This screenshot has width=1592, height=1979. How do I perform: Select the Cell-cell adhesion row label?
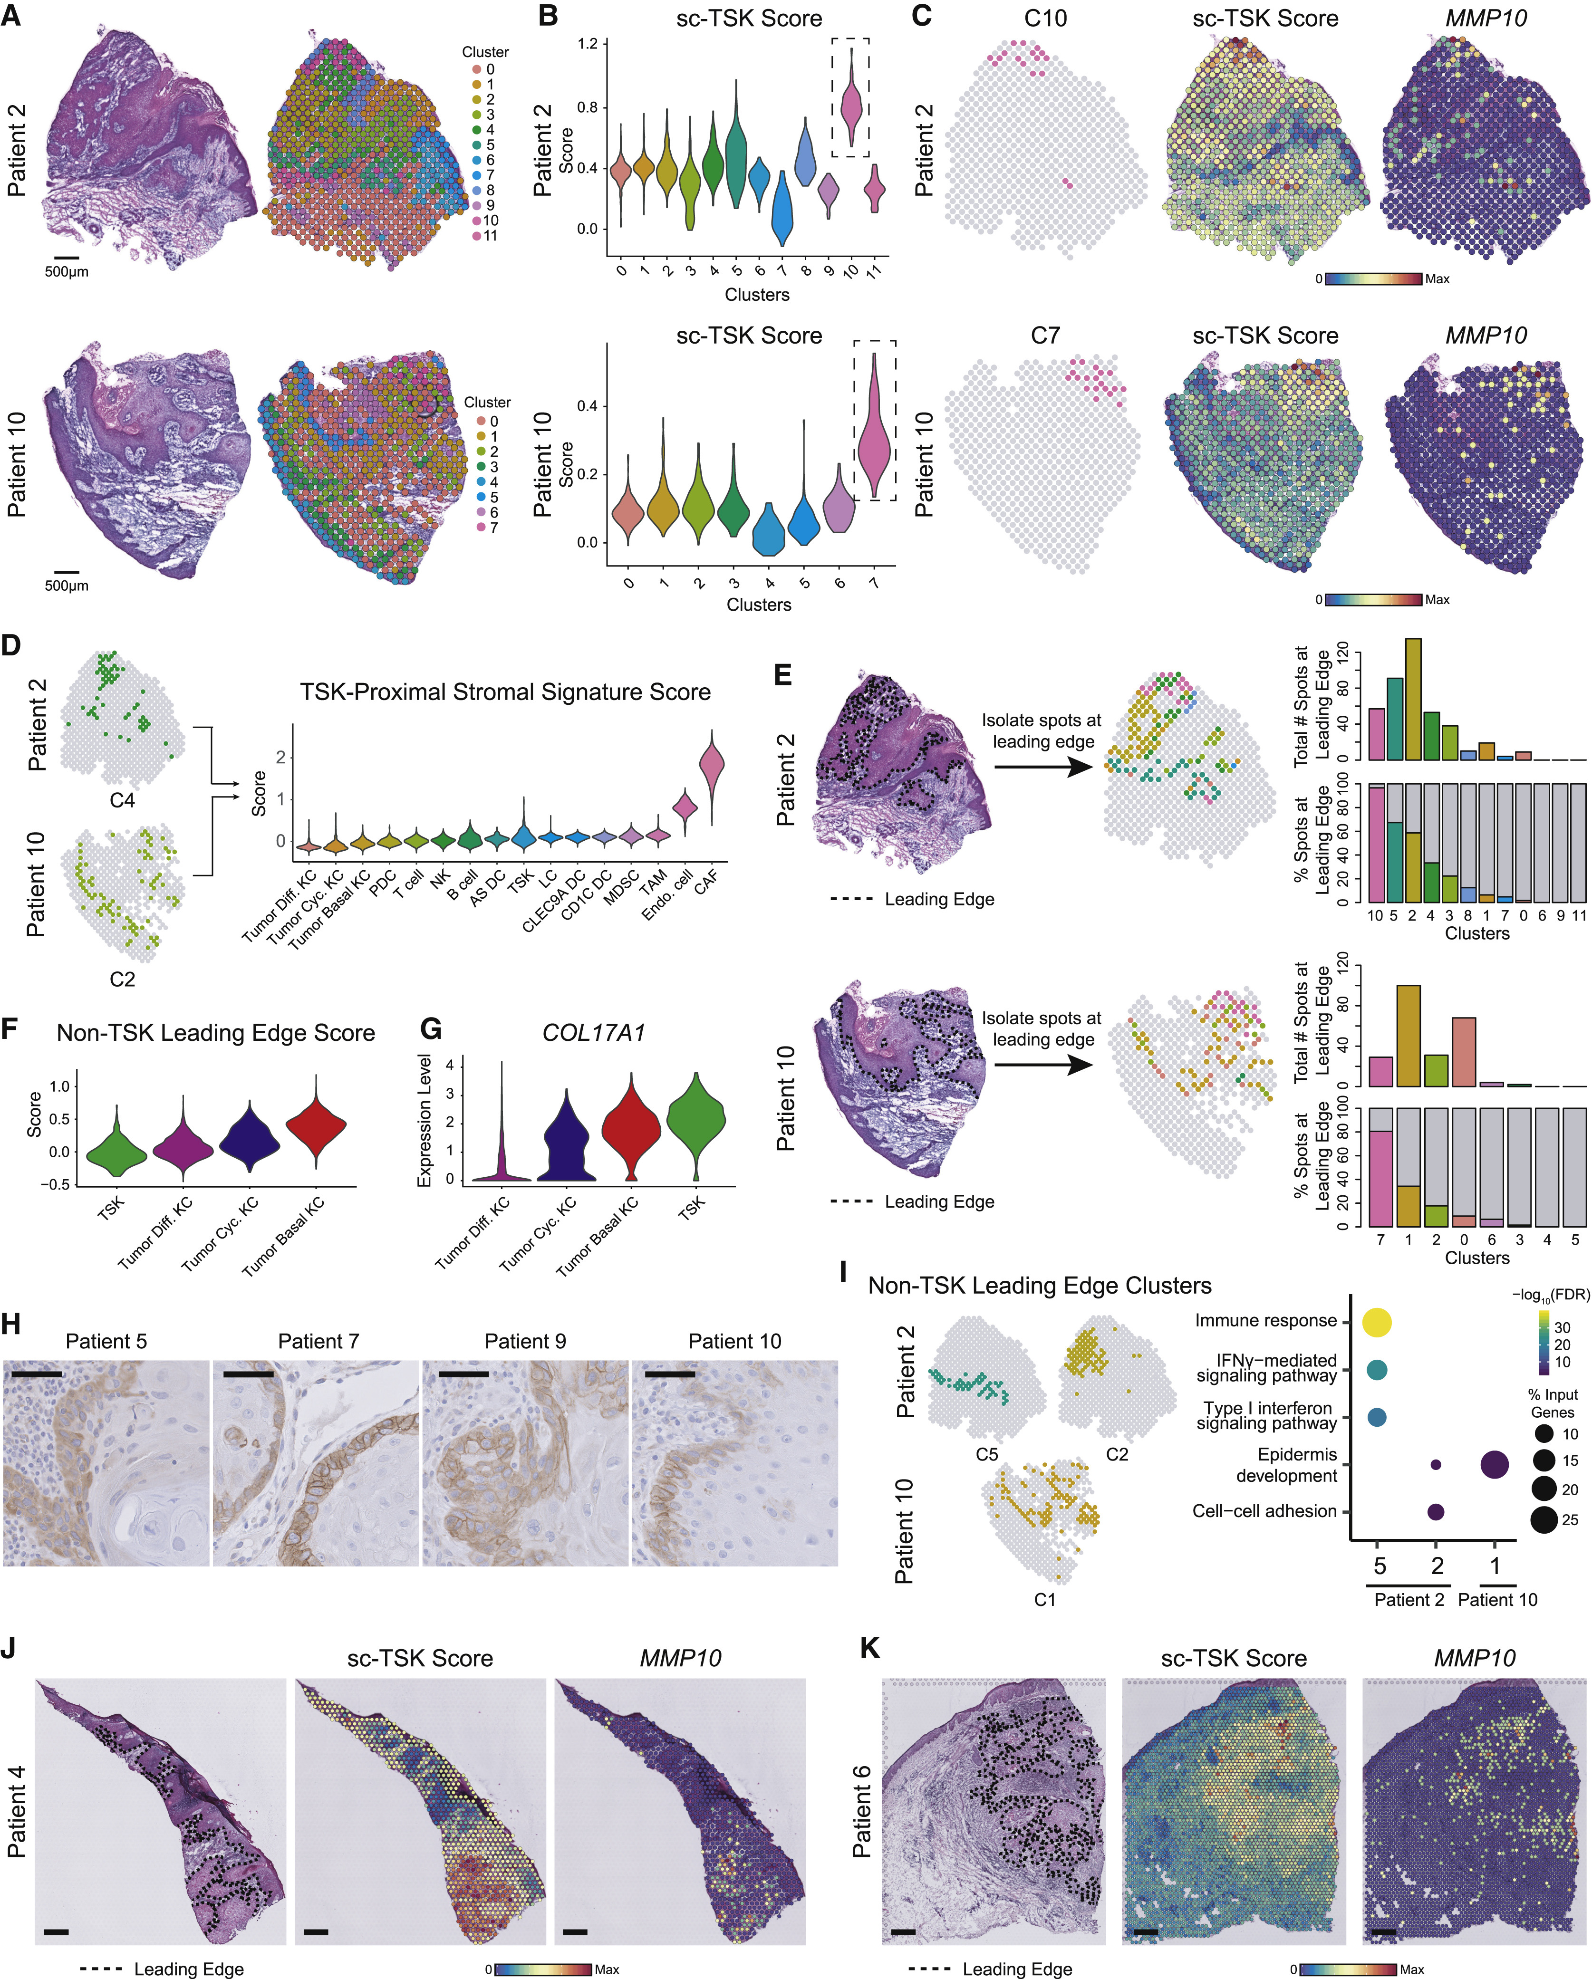(1264, 1511)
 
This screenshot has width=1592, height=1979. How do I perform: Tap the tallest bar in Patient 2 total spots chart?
(1413, 700)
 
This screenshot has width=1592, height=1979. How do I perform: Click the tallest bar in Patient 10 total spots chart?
(1409, 1036)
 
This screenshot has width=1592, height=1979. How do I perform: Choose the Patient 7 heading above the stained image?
(318, 1341)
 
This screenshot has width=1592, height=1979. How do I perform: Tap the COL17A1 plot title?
(593, 1033)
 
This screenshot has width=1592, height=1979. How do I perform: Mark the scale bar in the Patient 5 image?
(37, 1374)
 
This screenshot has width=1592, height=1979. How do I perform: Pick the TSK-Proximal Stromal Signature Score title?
(505, 692)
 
